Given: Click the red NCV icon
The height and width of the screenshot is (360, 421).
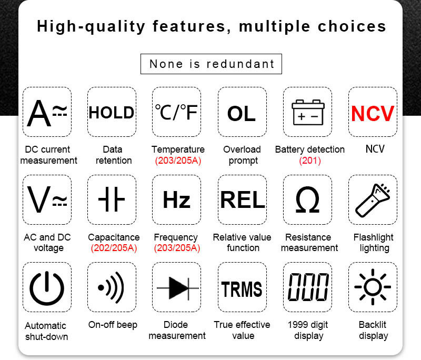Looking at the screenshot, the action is tap(373, 114).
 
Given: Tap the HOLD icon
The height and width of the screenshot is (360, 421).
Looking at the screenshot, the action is tap(112, 113).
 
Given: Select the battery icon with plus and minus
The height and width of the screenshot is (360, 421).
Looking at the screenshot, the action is tap(308, 112).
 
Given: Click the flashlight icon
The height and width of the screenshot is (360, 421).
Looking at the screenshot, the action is tap(373, 200).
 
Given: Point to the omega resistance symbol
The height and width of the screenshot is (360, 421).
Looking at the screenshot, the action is tap(307, 199).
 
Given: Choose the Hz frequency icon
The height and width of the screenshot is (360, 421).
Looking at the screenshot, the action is tap(177, 199).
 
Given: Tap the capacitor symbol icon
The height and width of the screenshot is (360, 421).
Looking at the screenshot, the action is tap(112, 199).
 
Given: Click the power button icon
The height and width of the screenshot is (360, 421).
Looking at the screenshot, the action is tap(47, 288).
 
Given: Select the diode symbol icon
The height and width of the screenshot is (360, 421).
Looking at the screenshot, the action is tap(177, 288).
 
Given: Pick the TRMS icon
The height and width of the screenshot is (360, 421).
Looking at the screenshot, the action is tap(242, 289).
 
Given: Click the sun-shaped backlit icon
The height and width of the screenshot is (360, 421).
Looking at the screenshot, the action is tap(373, 287).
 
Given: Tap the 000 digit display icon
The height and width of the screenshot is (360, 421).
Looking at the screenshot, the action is tap(308, 287).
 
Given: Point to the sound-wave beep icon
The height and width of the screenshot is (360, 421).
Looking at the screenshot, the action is tap(111, 287).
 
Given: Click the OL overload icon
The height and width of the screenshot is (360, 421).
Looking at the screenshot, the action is tap(242, 114).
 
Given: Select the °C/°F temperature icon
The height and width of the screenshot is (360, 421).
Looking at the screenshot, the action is tap(176, 112).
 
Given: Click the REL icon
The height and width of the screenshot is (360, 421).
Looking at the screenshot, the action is tap(243, 199).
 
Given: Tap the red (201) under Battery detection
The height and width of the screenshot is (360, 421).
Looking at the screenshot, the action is tap(310, 161).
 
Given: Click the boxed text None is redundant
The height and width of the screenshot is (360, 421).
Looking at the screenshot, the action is tap(212, 64).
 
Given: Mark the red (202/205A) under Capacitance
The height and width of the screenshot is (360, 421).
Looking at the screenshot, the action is tap(114, 248).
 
